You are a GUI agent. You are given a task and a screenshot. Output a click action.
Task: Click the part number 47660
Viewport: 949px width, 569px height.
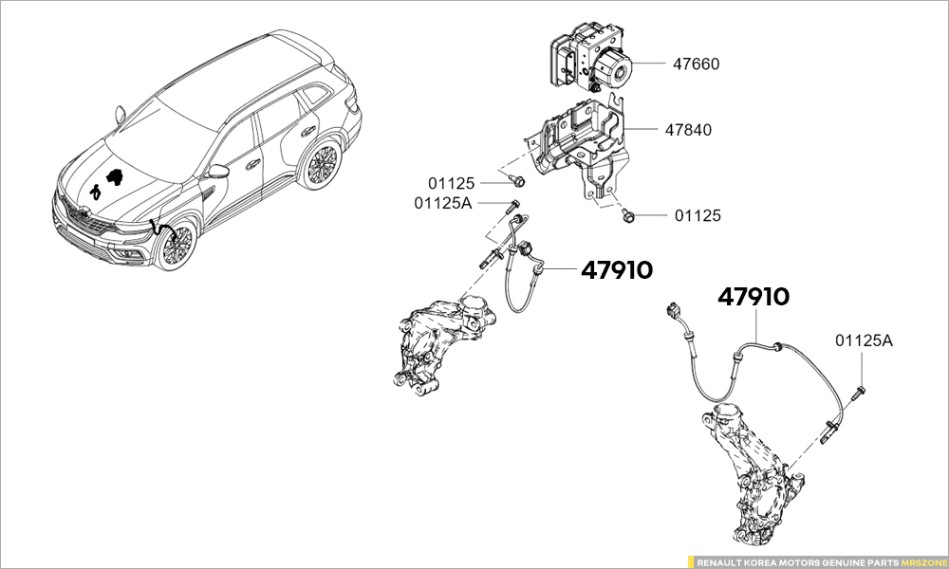(x=696, y=64)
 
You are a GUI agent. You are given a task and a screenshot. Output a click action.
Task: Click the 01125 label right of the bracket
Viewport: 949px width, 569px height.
(x=698, y=216)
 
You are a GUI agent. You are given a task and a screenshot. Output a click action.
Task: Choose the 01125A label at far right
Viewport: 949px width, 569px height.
(x=864, y=340)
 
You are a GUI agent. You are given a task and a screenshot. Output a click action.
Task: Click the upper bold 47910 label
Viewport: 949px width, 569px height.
(x=616, y=270)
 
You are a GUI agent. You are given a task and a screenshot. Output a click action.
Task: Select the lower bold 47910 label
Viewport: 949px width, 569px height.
(x=753, y=297)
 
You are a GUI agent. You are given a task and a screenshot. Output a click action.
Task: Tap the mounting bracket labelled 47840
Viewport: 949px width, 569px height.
(x=579, y=142)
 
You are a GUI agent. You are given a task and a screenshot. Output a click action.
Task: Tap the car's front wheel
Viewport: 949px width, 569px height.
(x=175, y=245)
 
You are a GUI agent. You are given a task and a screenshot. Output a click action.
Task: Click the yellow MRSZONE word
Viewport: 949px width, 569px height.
(x=922, y=561)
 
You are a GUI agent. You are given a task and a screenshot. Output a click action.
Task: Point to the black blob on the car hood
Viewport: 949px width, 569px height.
(x=116, y=176)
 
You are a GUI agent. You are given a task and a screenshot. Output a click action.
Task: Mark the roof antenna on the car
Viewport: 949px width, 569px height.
(x=120, y=113)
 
